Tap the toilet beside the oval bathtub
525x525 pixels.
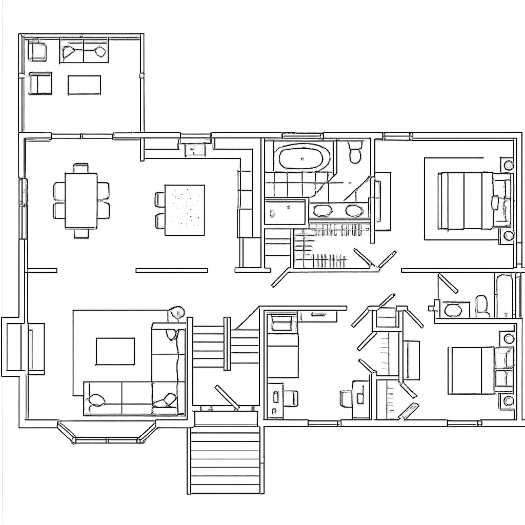tap(355, 152)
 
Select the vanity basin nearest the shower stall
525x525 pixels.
tap(322, 210)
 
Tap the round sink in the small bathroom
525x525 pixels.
tap(453, 310)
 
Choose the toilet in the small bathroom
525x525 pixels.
tap(482, 306)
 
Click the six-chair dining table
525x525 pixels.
tap(81, 200)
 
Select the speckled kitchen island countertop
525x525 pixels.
tap(185, 210)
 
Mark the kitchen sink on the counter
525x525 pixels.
tap(195, 149)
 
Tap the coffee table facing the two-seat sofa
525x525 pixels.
tap(84, 85)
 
